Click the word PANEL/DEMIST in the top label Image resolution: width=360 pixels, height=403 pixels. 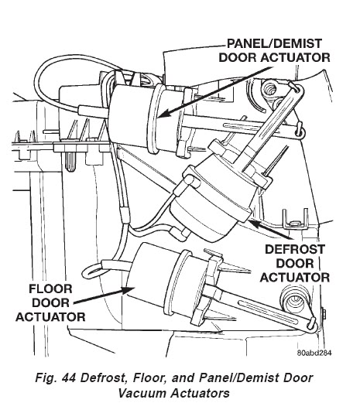click(274, 43)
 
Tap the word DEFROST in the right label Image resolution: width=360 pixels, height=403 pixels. click(295, 249)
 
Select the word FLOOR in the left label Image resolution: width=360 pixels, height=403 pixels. click(50, 289)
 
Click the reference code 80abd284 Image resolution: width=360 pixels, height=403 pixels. click(314, 353)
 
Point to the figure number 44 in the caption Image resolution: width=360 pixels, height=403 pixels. click(68, 378)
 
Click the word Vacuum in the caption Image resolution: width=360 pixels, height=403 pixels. click(142, 394)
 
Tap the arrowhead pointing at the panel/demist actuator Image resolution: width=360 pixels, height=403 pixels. click(164, 114)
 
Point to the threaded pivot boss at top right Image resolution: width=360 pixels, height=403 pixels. click(270, 90)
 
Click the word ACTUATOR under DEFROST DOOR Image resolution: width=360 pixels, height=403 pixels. click(295, 278)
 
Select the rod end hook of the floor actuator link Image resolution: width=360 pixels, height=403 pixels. click(313, 326)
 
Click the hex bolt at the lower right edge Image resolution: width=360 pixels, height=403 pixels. click(324, 316)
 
